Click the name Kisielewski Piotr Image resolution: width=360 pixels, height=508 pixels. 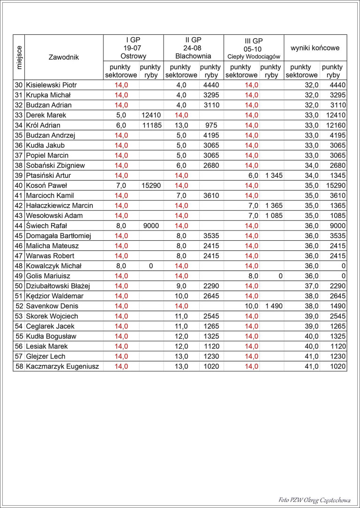tap(51, 85)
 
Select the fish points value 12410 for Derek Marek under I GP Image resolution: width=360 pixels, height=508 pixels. tap(151, 115)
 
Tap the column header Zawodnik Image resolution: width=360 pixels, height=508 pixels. tap(63, 57)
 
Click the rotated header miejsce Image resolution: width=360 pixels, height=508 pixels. tap(19, 57)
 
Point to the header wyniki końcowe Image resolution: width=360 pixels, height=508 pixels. tap(315, 48)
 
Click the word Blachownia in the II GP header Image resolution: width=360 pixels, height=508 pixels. tap(193, 56)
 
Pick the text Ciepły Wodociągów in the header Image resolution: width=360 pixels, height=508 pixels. tap(253, 56)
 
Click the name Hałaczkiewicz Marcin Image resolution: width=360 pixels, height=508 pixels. tap(60, 206)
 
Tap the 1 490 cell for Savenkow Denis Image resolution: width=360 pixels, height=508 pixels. tap(273, 306)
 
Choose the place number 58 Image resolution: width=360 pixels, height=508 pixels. tap(19, 366)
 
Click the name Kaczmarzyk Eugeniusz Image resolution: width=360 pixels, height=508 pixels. tap(63, 366)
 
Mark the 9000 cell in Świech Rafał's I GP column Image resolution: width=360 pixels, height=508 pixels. tap(151, 226)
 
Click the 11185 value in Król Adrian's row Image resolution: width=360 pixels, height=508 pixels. tap(151, 126)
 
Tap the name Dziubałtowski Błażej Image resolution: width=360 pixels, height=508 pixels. tap(58, 286)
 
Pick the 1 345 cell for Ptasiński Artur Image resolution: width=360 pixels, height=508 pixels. tap(273, 175)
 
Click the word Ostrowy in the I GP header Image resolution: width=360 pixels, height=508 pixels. tap(133, 56)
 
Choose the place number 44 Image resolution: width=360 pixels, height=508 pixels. tap(19, 226)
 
